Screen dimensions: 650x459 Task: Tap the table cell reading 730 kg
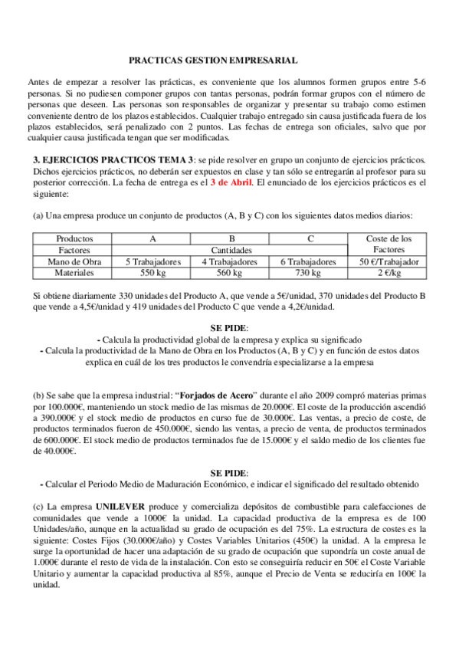tap(307, 273)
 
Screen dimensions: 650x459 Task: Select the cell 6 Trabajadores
tap(307, 261)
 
